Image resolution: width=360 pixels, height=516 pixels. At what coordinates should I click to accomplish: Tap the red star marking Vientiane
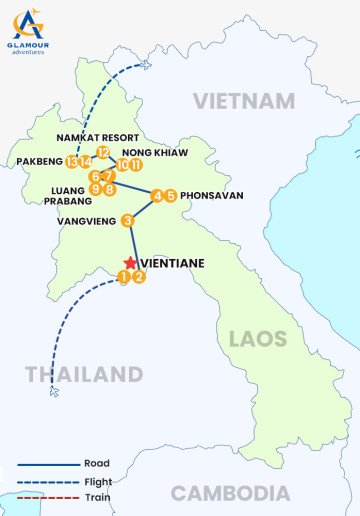point(130,263)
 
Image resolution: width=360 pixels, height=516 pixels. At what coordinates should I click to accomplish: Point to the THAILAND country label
point(84,375)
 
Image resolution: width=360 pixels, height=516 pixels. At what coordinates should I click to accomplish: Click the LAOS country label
point(257,339)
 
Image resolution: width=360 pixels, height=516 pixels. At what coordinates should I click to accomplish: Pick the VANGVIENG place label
point(87,221)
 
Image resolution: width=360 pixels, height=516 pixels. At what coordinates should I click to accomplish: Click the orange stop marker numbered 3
point(128,221)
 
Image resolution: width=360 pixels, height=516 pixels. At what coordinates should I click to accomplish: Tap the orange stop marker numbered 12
point(102,153)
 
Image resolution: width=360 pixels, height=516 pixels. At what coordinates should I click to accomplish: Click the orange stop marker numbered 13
point(71,162)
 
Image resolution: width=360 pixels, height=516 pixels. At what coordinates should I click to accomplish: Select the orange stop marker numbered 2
point(139,277)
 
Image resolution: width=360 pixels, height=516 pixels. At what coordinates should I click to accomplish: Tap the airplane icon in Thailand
point(53,392)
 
